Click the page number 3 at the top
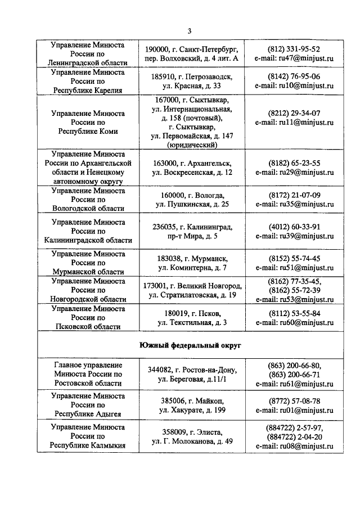click(x=190, y=31)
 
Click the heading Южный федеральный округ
click(x=190, y=344)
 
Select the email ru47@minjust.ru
click(x=294, y=58)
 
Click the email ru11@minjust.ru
click(x=294, y=122)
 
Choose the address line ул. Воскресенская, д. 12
click(x=193, y=172)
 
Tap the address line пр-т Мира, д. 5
click(x=193, y=236)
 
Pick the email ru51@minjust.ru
click(x=294, y=268)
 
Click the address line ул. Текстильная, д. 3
click(x=193, y=322)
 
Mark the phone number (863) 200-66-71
click(x=294, y=374)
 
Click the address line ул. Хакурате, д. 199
click(x=193, y=411)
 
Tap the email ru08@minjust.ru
click(x=294, y=447)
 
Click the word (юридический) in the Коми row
click(x=193, y=145)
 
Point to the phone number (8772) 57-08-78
click(x=294, y=401)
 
